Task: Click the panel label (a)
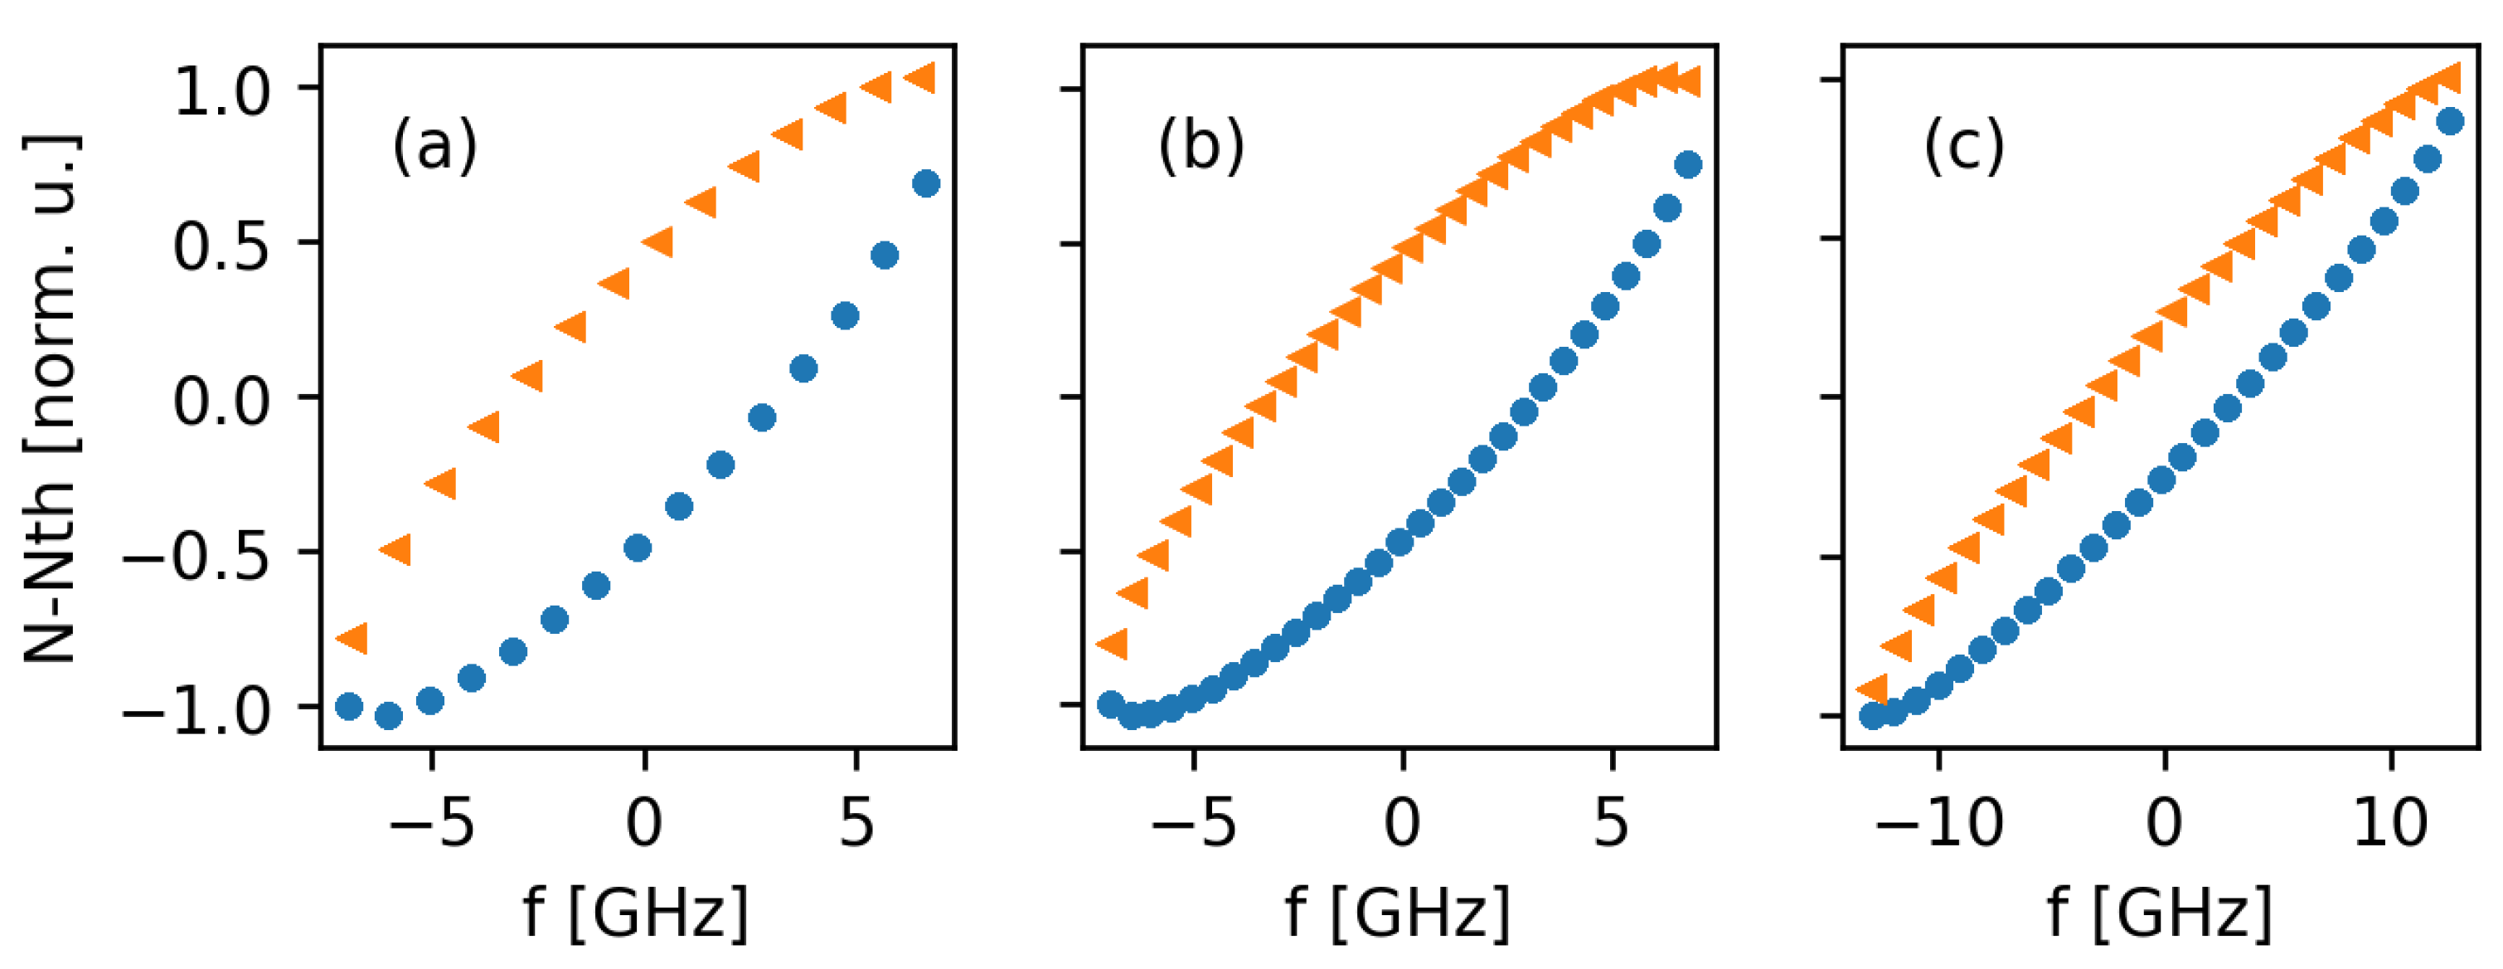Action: tap(434, 146)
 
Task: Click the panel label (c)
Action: tap(1964, 146)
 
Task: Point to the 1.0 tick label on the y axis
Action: tap(221, 92)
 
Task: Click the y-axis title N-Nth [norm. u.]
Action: tap(51, 398)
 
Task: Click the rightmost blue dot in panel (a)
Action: tap(927, 183)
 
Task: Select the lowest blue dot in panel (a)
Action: tap(389, 716)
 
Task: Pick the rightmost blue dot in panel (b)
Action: tap(1689, 164)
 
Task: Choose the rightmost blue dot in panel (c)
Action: tap(2451, 121)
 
